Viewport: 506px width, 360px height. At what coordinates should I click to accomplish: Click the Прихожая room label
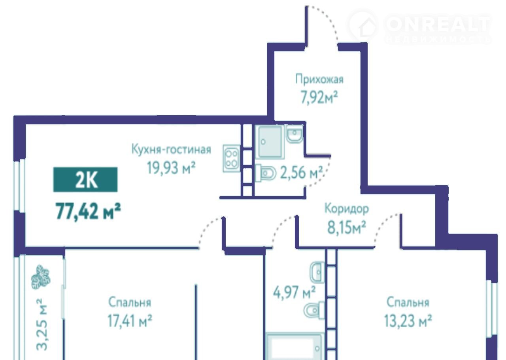click(x=319, y=80)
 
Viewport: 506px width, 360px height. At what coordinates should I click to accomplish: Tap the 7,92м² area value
click(x=319, y=97)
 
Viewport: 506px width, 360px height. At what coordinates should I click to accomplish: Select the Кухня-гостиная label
click(x=171, y=150)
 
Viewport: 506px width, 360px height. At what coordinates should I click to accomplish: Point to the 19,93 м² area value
click(x=171, y=168)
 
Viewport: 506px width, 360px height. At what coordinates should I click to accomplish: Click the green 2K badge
click(x=85, y=180)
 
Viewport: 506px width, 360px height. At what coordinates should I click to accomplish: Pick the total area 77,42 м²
click(x=88, y=211)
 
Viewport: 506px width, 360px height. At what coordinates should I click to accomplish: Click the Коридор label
click(x=347, y=208)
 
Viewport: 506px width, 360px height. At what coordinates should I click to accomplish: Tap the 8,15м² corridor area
click(x=347, y=227)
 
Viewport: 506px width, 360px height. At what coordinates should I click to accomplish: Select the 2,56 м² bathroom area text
click(x=302, y=172)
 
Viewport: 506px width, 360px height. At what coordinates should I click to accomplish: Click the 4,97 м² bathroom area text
click(x=294, y=292)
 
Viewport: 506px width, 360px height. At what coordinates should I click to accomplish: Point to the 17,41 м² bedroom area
click(x=130, y=321)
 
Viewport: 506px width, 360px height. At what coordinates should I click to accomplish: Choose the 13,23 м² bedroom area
click(x=408, y=321)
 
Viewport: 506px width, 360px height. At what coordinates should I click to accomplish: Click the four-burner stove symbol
click(x=231, y=159)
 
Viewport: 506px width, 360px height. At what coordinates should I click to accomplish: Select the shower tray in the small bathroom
click(x=270, y=142)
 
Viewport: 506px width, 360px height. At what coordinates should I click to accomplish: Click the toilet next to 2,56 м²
click(x=266, y=173)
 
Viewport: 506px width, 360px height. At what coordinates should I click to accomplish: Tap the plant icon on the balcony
click(x=40, y=277)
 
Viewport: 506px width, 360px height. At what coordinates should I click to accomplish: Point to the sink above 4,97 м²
click(x=317, y=272)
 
